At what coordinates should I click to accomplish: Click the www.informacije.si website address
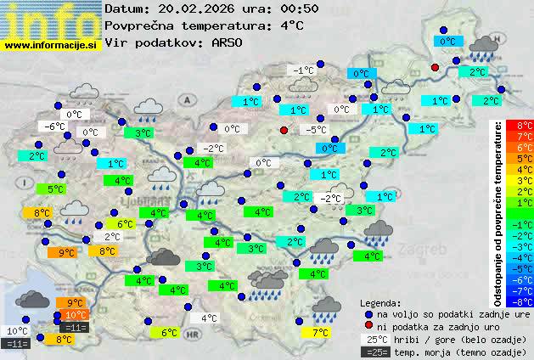(x=51, y=45)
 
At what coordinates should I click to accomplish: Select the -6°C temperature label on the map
(x=55, y=127)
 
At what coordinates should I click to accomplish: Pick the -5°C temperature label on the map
(x=316, y=130)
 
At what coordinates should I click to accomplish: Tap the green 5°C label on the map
(x=55, y=189)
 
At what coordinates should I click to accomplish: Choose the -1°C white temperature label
(x=302, y=70)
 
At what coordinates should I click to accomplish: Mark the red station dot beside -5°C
(x=284, y=130)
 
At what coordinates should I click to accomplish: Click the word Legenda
(x=380, y=303)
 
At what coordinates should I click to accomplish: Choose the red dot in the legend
(x=368, y=326)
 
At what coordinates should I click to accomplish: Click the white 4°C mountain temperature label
(x=208, y=319)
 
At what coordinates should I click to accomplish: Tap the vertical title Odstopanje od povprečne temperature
(x=498, y=212)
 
